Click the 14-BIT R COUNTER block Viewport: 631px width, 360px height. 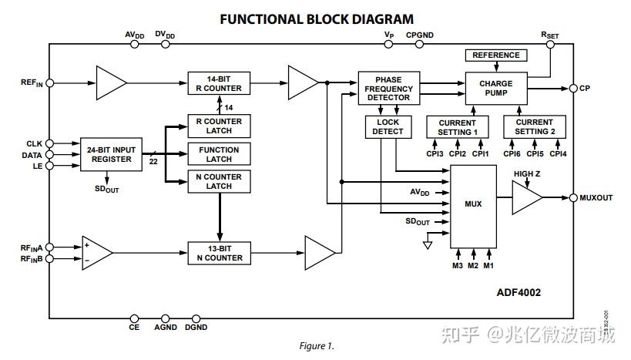[x=220, y=83]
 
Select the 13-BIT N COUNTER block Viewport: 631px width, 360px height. [x=220, y=253]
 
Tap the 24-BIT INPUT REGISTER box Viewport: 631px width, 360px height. [x=112, y=154]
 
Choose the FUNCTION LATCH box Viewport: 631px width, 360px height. [x=220, y=154]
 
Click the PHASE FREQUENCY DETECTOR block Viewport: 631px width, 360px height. [x=388, y=89]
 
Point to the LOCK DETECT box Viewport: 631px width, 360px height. [x=388, y=126]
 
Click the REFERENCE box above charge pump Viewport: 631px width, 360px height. [x=495, y=56]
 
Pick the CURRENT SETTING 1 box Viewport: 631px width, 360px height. [x=458, y=127]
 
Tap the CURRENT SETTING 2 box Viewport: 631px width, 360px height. [x=534, y=127]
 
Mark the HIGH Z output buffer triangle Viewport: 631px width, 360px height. [x=527, y=198]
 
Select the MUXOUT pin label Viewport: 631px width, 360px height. [x=596, y=198]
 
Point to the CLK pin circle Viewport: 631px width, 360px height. [x=49, y=143]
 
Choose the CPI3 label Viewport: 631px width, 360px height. [x=435, y=154]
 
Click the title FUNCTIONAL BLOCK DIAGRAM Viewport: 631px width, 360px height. [x=316, y=19]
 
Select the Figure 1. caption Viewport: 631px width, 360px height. [x=317, y=346]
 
